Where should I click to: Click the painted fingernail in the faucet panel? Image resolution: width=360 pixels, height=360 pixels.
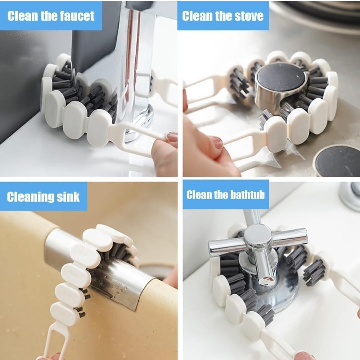(172, 137)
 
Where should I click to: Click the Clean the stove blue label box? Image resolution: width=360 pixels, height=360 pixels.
(223, 16)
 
